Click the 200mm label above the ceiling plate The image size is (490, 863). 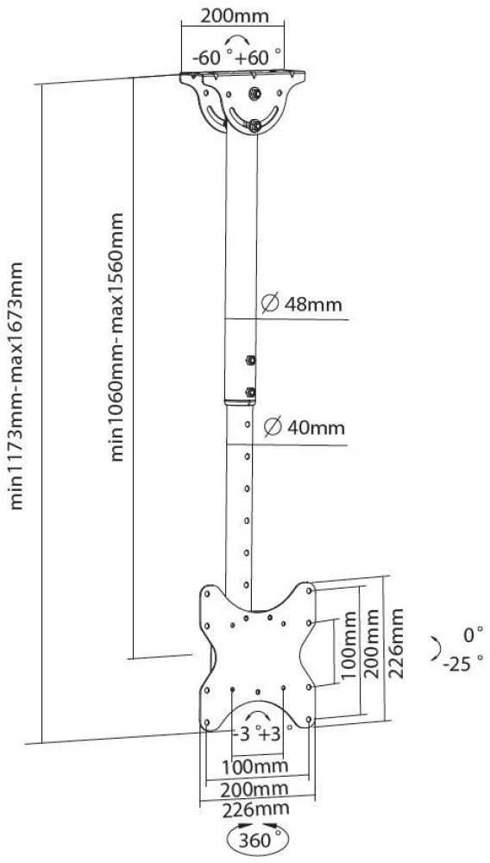(x=235, y=16)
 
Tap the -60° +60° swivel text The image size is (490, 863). (x=236, y=57)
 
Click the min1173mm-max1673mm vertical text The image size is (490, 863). (x=17, y=386)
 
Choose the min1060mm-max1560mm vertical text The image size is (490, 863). (x=117, y=337)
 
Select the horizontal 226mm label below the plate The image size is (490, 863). (x=255, y=809)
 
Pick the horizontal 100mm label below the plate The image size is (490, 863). (x=254, y=765)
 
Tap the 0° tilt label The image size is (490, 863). (x=473, y=635)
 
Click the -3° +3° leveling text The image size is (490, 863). (x=256, y=734)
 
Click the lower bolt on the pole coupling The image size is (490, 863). (x=250, y=393)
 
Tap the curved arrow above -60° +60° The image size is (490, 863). (x=237, y=41)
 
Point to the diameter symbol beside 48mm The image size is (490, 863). (x=269, y=303)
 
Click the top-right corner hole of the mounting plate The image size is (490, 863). (x=309, y=590)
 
